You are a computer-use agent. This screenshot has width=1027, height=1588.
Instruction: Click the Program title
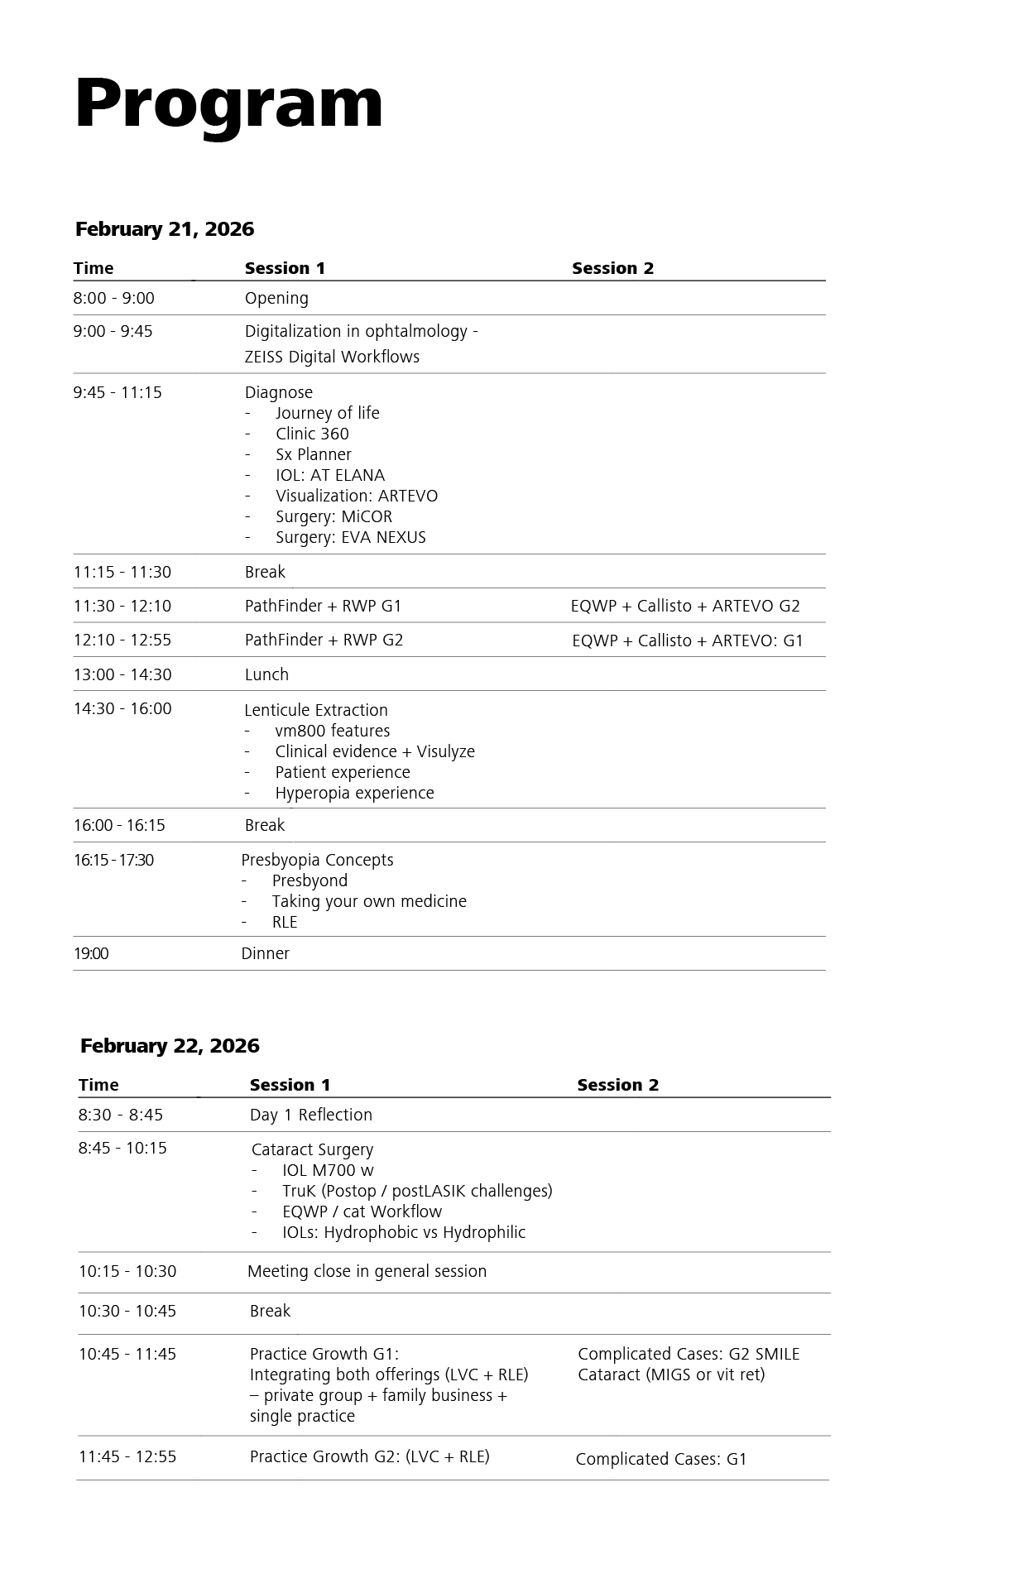228,103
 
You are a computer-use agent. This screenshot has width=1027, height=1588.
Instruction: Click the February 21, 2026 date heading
165,229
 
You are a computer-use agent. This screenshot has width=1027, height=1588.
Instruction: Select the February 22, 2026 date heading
170,1046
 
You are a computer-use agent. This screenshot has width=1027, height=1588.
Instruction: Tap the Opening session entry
276,298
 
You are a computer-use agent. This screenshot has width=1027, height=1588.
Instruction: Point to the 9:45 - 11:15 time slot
118,392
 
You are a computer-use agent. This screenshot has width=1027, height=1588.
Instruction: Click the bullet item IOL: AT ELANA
330,475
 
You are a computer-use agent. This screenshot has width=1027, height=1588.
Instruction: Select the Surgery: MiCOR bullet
334,516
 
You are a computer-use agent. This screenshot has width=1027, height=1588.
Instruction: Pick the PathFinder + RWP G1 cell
323,606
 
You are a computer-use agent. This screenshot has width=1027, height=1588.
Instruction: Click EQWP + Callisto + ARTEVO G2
685,606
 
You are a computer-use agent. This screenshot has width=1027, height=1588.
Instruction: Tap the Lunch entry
266,674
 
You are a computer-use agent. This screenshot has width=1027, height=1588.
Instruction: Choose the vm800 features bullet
333,731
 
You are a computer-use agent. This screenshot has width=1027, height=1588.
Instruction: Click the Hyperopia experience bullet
354,793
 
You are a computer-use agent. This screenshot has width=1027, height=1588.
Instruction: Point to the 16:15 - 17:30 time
113,860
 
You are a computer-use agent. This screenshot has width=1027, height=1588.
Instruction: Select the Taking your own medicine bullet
369,901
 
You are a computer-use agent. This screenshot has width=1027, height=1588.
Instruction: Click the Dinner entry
265,953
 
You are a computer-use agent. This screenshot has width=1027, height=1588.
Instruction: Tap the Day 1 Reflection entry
311,1115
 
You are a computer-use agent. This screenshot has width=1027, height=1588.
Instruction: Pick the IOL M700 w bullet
328,1170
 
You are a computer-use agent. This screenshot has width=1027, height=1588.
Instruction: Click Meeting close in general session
367,1271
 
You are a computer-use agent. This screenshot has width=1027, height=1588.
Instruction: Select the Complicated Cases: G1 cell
661,1459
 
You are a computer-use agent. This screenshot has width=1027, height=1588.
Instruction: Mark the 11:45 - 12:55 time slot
127,1456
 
